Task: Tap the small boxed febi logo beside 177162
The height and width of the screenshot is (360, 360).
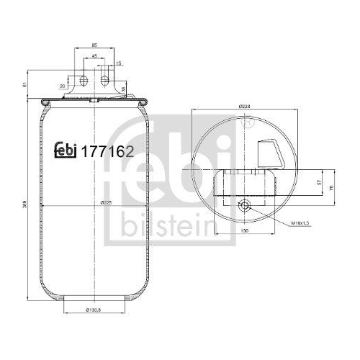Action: click(69, 151)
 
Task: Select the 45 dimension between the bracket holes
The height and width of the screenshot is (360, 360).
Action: click(95, 55)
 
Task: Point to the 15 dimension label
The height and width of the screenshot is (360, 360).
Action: click(118, 64)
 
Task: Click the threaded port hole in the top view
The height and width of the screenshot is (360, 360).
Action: click(245, 206)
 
